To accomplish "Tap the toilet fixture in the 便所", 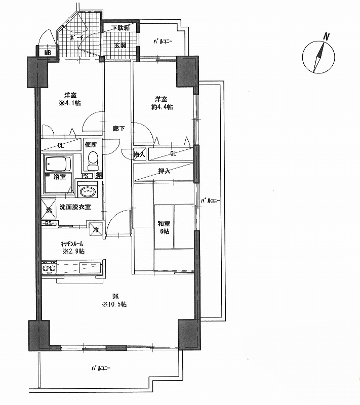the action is pyautogui.click(x=93, y=160).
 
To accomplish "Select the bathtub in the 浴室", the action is pyautogui.click(x=58, y=164).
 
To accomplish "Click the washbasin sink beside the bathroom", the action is pyautogui.click(x=88, y=191).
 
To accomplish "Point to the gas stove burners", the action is pyautogui.click(x=49, y=268).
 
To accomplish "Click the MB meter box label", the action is pyautogui.click(x=47, y=53).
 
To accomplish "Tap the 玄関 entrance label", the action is pyautogui.click(x=121, y=46).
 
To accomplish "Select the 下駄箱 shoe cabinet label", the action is pyautogui.click(x=121, y=28).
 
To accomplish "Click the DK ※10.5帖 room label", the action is pyautogui.click(x=114, y=300).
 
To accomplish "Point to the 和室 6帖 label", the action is pyautogui.click(x=164, y=227).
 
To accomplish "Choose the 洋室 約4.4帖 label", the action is pyautogui.click(x=162, y=103).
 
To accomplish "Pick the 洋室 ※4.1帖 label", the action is pyautogui.click(x=70, y=99).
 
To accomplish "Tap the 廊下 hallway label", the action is pyautogui.click(x=119, y=129).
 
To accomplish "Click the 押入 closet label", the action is pyautogui.click(x=164, y=171).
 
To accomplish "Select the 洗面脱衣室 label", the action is pyautogui.click(x=75, y=207).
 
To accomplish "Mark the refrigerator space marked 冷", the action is pyautogui.click(x=95, y=229).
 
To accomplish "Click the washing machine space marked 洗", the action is pyautogui.click(x=49, y=209).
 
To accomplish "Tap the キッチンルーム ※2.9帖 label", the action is pyautogui.click(x=72, y=247).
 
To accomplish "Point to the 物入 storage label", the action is pyautogui.click(x=139, y=154).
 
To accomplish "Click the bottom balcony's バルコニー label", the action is pyautogui.click(x=101, y=368).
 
